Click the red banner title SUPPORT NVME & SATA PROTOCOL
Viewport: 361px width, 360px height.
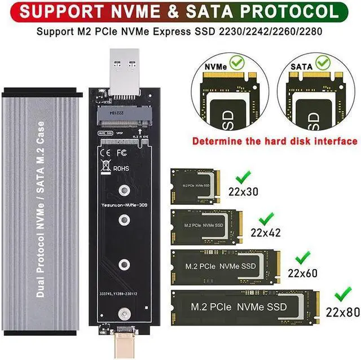tap(180, 11)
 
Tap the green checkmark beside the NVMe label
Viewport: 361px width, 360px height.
tap(237, 61)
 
